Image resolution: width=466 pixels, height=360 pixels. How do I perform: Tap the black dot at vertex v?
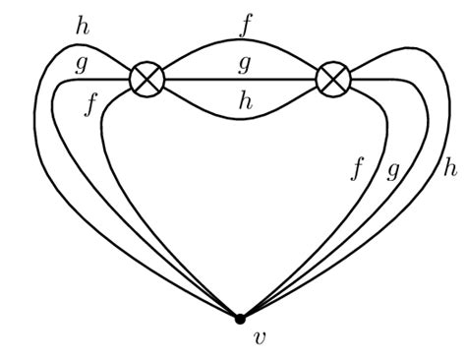coord(239,318)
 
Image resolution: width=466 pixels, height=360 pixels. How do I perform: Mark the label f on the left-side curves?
coord(91,102)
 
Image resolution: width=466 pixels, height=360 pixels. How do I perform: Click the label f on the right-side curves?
coord(358,167)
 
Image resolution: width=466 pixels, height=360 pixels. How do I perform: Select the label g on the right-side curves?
coord(392,169)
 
